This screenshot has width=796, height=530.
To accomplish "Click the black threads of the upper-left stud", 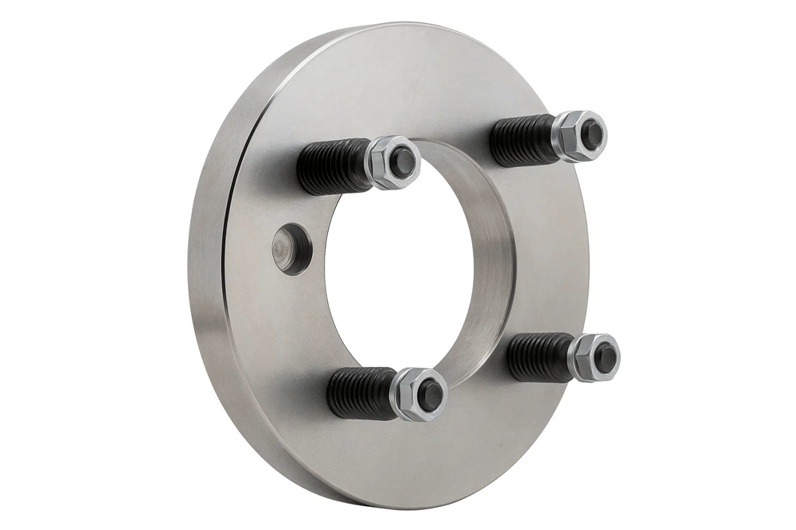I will (x=333, y=167).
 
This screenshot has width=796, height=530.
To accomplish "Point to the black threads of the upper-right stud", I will (x=521, y=139).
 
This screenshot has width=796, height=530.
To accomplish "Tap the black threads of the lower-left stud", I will (x=360, y=393).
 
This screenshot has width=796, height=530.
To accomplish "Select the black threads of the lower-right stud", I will (x=539, y=357).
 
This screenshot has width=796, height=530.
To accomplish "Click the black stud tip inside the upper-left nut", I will (x=404, y=162).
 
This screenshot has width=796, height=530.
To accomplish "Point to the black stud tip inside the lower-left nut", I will (x=430, y=394).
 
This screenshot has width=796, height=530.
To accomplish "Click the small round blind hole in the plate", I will (x=291, y=248).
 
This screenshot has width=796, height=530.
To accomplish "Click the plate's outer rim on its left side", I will (x=205, y=263).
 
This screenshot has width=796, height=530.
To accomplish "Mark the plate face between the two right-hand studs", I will (x=549, y=247).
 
